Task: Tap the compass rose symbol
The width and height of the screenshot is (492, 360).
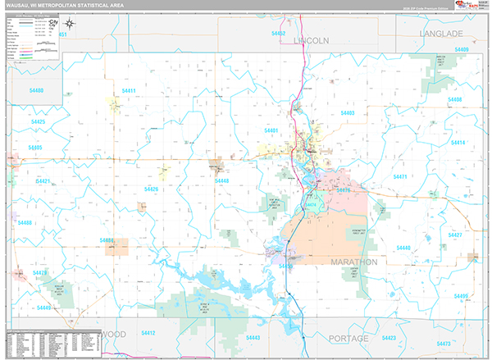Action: pos(69,25)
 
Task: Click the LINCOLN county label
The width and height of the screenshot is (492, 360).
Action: pos(311,39)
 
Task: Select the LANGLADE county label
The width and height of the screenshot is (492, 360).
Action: pos(441,34)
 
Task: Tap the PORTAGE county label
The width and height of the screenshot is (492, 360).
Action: pos(348,338)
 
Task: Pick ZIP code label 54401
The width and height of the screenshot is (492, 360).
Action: pos(271,130)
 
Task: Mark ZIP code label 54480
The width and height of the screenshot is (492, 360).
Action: pos(35,90)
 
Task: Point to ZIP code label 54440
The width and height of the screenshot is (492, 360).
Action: pos(403,247)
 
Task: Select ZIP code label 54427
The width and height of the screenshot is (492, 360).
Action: pos(455,235)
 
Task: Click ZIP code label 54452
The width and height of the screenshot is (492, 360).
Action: pos(278,34)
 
